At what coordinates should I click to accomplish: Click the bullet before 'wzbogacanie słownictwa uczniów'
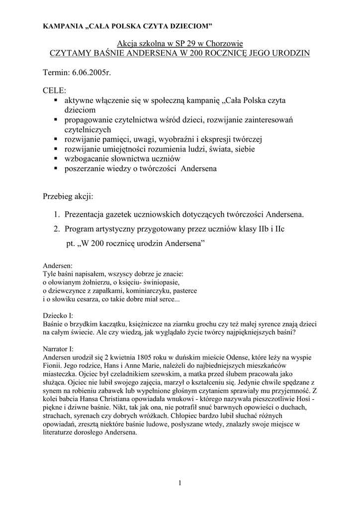tap(55, 158)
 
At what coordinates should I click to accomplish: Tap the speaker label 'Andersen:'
tap(58, 266)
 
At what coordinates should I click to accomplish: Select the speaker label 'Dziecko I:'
tap(58, 315)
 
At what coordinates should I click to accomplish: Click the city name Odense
tap(242, 357)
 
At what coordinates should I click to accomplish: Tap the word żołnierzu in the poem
tap(91, 282)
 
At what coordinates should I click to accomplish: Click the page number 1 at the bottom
tap(180, 483)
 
